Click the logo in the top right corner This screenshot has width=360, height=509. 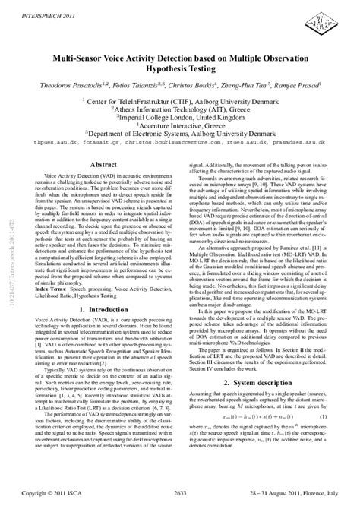[x=331, y=18]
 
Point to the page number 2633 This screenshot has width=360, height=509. [x=180, y=493]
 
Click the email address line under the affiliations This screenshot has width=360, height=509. [x=180, y=142]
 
